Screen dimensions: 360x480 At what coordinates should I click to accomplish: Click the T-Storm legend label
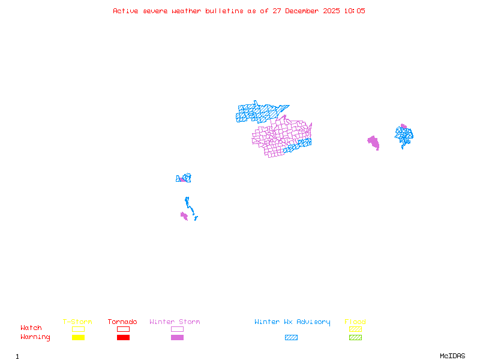(77, 322)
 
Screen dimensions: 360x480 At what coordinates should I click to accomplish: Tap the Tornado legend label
(122, 322)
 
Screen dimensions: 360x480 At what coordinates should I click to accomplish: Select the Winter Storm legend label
(175, 322)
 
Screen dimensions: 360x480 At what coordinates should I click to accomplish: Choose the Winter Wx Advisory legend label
(292, 322)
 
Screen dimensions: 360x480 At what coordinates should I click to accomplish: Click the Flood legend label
(355, 322)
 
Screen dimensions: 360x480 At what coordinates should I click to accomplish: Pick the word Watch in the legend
(31, 328)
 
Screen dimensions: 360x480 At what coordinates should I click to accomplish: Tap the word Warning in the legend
(35, 337)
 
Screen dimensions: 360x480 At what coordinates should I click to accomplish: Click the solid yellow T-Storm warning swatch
(78, 338)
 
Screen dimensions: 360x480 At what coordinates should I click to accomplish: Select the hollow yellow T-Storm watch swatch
(78, 329)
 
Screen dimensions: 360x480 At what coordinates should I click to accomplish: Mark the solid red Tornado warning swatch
(123, 338)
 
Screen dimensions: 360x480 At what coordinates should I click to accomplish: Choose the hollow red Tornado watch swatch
(123, 329)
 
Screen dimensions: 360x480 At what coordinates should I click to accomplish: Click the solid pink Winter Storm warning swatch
(177, 338)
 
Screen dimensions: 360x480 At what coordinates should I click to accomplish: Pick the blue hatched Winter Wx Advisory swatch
(291, 338)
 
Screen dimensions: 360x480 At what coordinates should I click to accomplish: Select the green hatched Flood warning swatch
(355, 338)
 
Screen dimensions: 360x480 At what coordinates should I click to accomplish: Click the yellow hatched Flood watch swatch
(355, 329)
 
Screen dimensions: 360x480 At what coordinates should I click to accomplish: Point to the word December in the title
(304, 11)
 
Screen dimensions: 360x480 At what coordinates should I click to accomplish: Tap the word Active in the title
(127, 11)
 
